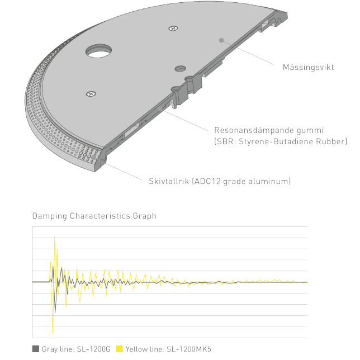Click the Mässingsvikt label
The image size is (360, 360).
[308, 67]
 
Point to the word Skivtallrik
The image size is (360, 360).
[169, 181]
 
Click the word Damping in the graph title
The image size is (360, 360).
[50, 216]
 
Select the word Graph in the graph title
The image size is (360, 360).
[145, 216]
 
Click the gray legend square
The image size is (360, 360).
[36, 349]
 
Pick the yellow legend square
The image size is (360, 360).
[120, 349]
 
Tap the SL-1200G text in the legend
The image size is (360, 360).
[94, 349]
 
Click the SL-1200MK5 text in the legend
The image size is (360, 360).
[189, 349]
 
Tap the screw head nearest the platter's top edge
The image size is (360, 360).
[173, 29]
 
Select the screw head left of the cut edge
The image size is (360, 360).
[91, 94]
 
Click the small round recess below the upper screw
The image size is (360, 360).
[180, 69]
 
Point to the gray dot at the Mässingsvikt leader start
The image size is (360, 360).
[221, 40]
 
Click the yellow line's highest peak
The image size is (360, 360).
[54, 236]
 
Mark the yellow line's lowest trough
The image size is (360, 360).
[53, 333]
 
